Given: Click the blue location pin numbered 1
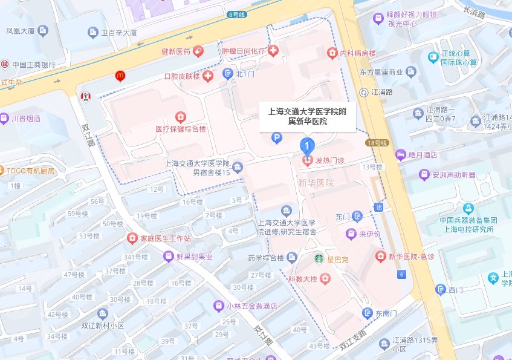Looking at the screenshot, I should tap(307, 146).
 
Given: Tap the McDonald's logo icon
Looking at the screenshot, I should tap(120, 76).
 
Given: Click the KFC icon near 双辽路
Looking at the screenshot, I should tap(85, 96).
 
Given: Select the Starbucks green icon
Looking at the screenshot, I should tap(318, 259).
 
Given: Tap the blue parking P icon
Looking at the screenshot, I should tap(276, 139).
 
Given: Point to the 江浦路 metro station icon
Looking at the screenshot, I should tap(363, 92).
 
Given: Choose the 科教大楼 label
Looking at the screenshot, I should tap(302, 278).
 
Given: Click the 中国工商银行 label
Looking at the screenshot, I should tap(34, 64).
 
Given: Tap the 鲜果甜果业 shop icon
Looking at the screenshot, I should tap(169, 257).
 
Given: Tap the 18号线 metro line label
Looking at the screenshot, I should tap(375, 143).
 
